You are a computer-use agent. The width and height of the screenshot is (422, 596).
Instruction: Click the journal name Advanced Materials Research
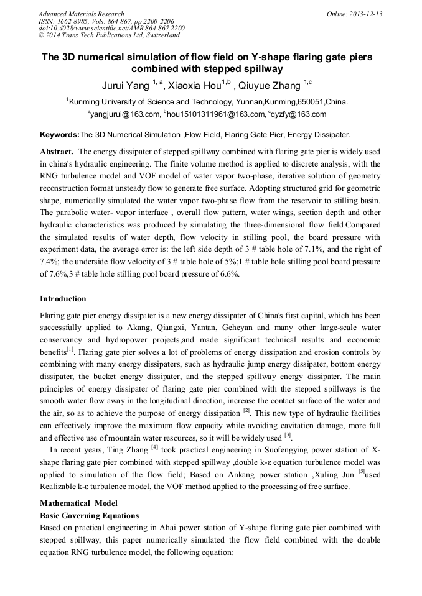pyautogui.click(x=81, y=14)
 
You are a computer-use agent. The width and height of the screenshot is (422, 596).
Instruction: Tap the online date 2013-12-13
pyautogui.click(x=365, y=14)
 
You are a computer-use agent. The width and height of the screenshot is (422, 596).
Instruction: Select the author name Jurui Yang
pyautogui.click(x=126, y=86)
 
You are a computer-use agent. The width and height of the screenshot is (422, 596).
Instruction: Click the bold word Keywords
pyautogui.click(x=59, y=134)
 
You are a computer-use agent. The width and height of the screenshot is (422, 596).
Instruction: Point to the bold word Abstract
pyautogui.click(x=58, y=151)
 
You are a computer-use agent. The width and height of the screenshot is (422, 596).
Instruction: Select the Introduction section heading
pyautogui.click(x=63, y=299)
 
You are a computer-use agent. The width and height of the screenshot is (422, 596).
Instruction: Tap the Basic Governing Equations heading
pyautogui.click(x=89, y=515)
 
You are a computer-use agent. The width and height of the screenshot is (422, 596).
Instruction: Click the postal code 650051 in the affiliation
pyautogui.click(x=312, y=102)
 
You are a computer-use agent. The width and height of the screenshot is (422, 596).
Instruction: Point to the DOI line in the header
pyautogui.click(x=111, y=28)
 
